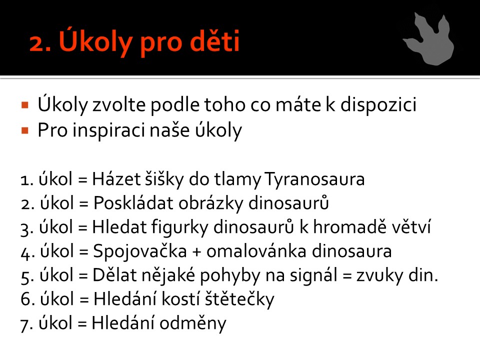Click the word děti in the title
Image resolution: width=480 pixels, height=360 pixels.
tap(214, 40)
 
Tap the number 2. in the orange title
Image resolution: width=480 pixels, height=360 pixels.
tap(40, 43)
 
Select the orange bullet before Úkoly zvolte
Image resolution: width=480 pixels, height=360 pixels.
tap(25, 105)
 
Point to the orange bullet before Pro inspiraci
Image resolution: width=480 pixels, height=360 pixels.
tap(25, 131)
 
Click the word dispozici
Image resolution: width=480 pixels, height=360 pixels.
tap(378, 105)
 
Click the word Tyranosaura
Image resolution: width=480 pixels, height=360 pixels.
tap(314, 179)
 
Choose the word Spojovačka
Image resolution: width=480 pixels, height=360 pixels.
tap(140, 251)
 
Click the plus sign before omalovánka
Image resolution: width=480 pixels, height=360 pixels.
tap(196, 252)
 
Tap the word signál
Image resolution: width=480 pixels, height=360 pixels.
tap(313, 275)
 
